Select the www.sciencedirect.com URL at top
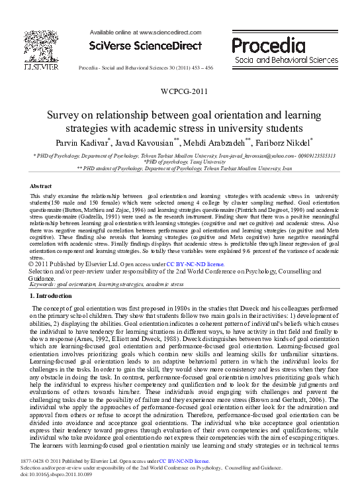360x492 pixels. (168, 32)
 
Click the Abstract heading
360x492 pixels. (42, 187)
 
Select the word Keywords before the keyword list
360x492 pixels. (43, 284)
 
